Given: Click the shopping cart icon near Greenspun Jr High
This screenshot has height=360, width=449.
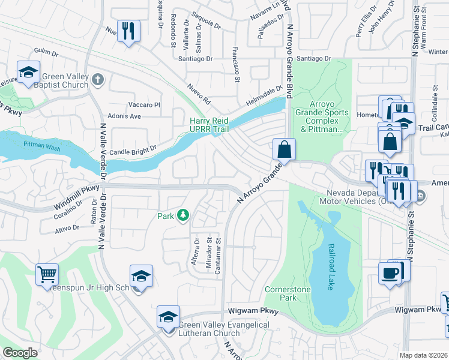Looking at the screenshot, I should [x=47, y=275].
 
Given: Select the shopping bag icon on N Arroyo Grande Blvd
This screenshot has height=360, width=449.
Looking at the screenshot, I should [x=285, y=149].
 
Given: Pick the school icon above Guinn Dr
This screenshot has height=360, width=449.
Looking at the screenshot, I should [x=28, y=73].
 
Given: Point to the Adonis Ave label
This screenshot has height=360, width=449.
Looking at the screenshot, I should [x=124, y=116].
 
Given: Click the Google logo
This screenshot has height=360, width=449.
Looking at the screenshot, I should [x=20, y=353].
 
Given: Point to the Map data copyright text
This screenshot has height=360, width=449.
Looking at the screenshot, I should [x=424, y=355].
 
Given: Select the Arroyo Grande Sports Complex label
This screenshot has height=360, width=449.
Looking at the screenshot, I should [x=321, y=120].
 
